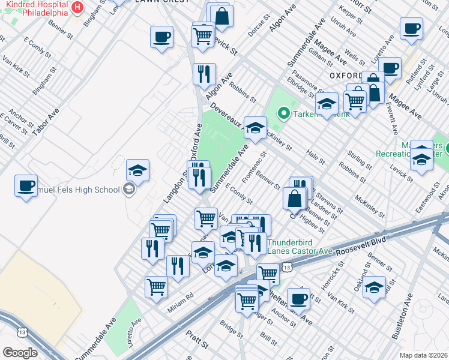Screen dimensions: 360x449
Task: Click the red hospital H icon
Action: [77, 8]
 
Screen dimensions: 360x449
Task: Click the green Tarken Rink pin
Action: [283, 112]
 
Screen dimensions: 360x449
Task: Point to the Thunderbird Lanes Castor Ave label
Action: [299, 245]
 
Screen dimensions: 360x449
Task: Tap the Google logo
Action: [20, 352]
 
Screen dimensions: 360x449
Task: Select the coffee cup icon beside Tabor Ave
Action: [26, 186]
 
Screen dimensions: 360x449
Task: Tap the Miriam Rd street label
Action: [181, 296]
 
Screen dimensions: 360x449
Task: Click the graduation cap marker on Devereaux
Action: [255, 128]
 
